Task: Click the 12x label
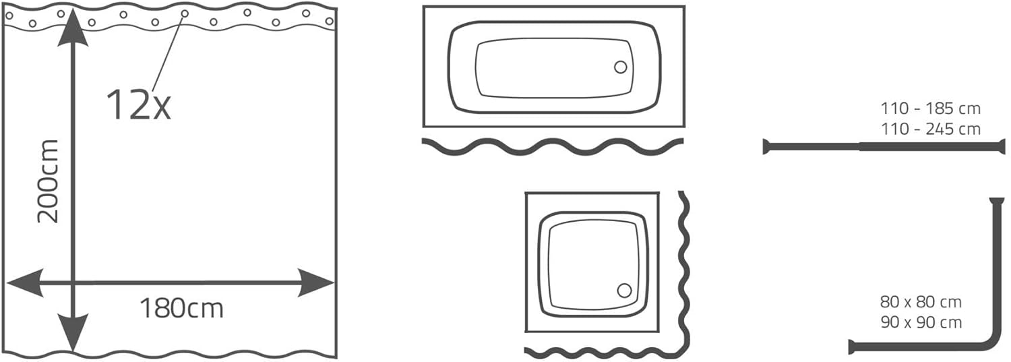click(139, 104)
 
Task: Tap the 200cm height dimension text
click(48, 181)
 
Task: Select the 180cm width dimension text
click(181, 309)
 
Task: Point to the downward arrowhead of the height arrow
click(73, 333)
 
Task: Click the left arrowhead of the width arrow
click(26, 283)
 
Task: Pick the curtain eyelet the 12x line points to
click(185, 13)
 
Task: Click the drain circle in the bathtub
click(621, 67)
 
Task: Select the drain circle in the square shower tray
click(624, 291)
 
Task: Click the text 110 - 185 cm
click(931, 109)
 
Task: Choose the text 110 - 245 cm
click(931, 129)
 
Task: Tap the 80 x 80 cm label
click(921, 302)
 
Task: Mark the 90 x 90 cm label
click(921, 322)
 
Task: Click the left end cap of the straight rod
click(766, 147)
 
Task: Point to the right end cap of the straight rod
click(1003, 147)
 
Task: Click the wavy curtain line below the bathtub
click(553, 146)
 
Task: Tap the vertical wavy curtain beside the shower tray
click(684, 273)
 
